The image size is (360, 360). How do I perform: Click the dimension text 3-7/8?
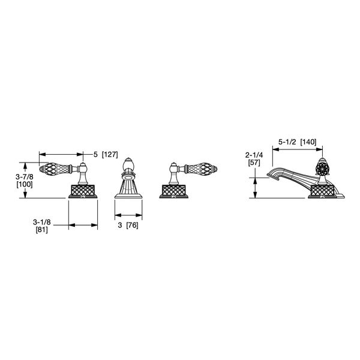[25, 177]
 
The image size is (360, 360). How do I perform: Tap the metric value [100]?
[25, 184]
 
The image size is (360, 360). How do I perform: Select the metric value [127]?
[110, 155]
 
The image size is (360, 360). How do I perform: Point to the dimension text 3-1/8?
[41, 222]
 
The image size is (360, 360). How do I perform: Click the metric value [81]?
[42, 230]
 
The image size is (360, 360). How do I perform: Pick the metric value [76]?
[132, 225]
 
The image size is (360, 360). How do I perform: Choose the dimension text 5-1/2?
[287, 142]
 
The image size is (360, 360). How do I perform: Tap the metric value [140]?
[308, 142]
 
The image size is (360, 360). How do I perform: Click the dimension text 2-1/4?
[254, 155]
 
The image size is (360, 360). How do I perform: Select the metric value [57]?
[254, 163]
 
